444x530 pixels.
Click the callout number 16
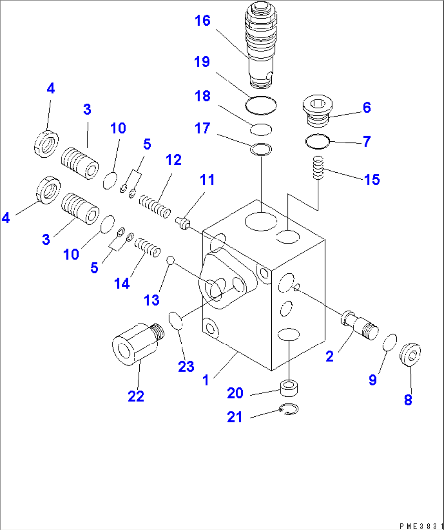click(x=202, y=21)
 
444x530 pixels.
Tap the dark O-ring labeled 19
click(x=261, y=105)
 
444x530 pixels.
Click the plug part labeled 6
click(x=317, y=110)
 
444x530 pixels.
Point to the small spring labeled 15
click(x=318, y=167)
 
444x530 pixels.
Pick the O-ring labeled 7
click(x=317, y=141)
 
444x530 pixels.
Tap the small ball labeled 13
click(x=170, y=260)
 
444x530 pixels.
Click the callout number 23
click(x=186, y=366)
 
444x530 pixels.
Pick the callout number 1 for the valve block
click(x=206, y=380)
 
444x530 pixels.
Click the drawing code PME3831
click(x=421, y=526)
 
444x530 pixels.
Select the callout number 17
click(x=202, y=128)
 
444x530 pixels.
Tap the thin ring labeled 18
click(x=261, y=130)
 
